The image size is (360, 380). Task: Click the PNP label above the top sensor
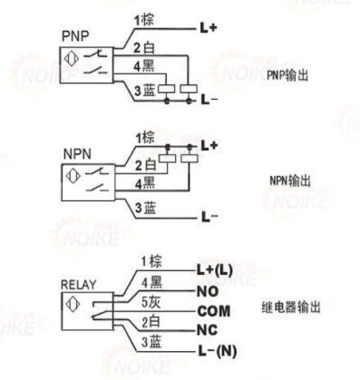tap(75, 36)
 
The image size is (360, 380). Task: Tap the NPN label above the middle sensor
tap(77, 154)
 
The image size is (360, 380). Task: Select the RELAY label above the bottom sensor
tap(79, 285)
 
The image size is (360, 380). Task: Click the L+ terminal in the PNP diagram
tap(209, 28)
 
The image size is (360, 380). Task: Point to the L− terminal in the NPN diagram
tap(209, 217)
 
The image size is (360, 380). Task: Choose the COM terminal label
tap(213, 311)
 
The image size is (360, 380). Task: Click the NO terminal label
tap(208, 291)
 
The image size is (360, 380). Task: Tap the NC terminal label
tap(207, 330)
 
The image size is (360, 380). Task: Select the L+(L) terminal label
tap(215, 270)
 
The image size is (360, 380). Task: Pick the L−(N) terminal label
tap(218, 351)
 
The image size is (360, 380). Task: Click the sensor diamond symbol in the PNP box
tap(72, 59)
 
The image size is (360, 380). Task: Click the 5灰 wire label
tap(151, 302)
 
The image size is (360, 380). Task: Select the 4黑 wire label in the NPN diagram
tap(145, 183)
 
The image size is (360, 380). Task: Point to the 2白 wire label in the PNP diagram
tap(144, 47)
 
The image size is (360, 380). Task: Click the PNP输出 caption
tap(287, 75)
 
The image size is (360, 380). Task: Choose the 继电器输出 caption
tap(291, 307)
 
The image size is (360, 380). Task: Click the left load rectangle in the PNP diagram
tap(167, 89)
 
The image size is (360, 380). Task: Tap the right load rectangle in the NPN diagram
tap(190, 159)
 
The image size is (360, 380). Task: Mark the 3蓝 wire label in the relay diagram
tap(151, 342)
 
